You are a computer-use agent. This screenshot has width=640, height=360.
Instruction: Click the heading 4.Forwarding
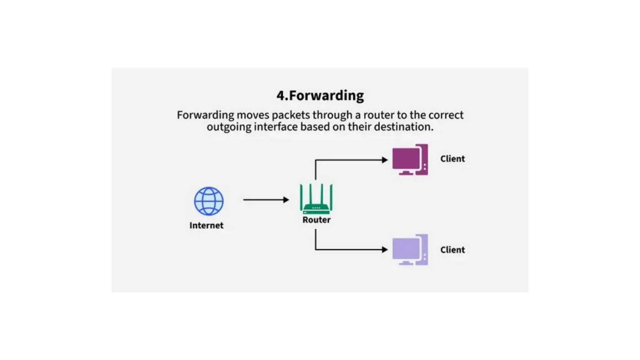tap(320, 96)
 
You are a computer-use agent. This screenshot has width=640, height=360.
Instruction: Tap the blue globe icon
tap(209, 201)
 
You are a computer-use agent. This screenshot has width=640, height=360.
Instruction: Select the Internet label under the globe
tap(206, 225)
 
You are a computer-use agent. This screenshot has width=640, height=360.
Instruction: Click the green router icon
tap(316, 199)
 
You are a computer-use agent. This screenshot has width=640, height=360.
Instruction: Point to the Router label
tap(316, 220)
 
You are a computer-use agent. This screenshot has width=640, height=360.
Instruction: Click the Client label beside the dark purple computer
tap(452, 159)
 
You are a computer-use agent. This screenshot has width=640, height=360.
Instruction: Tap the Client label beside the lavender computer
tap(452, 250)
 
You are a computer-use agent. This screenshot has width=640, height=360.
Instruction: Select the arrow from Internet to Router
tap(266, 200)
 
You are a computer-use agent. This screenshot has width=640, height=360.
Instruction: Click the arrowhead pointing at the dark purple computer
tap(385, 160)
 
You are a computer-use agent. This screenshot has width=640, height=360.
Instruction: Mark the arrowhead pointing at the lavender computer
tap(385, 249)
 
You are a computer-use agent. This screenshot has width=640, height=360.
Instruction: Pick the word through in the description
tap(332, 115)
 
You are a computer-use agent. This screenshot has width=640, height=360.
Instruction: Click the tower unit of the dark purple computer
tap(424, 159)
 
